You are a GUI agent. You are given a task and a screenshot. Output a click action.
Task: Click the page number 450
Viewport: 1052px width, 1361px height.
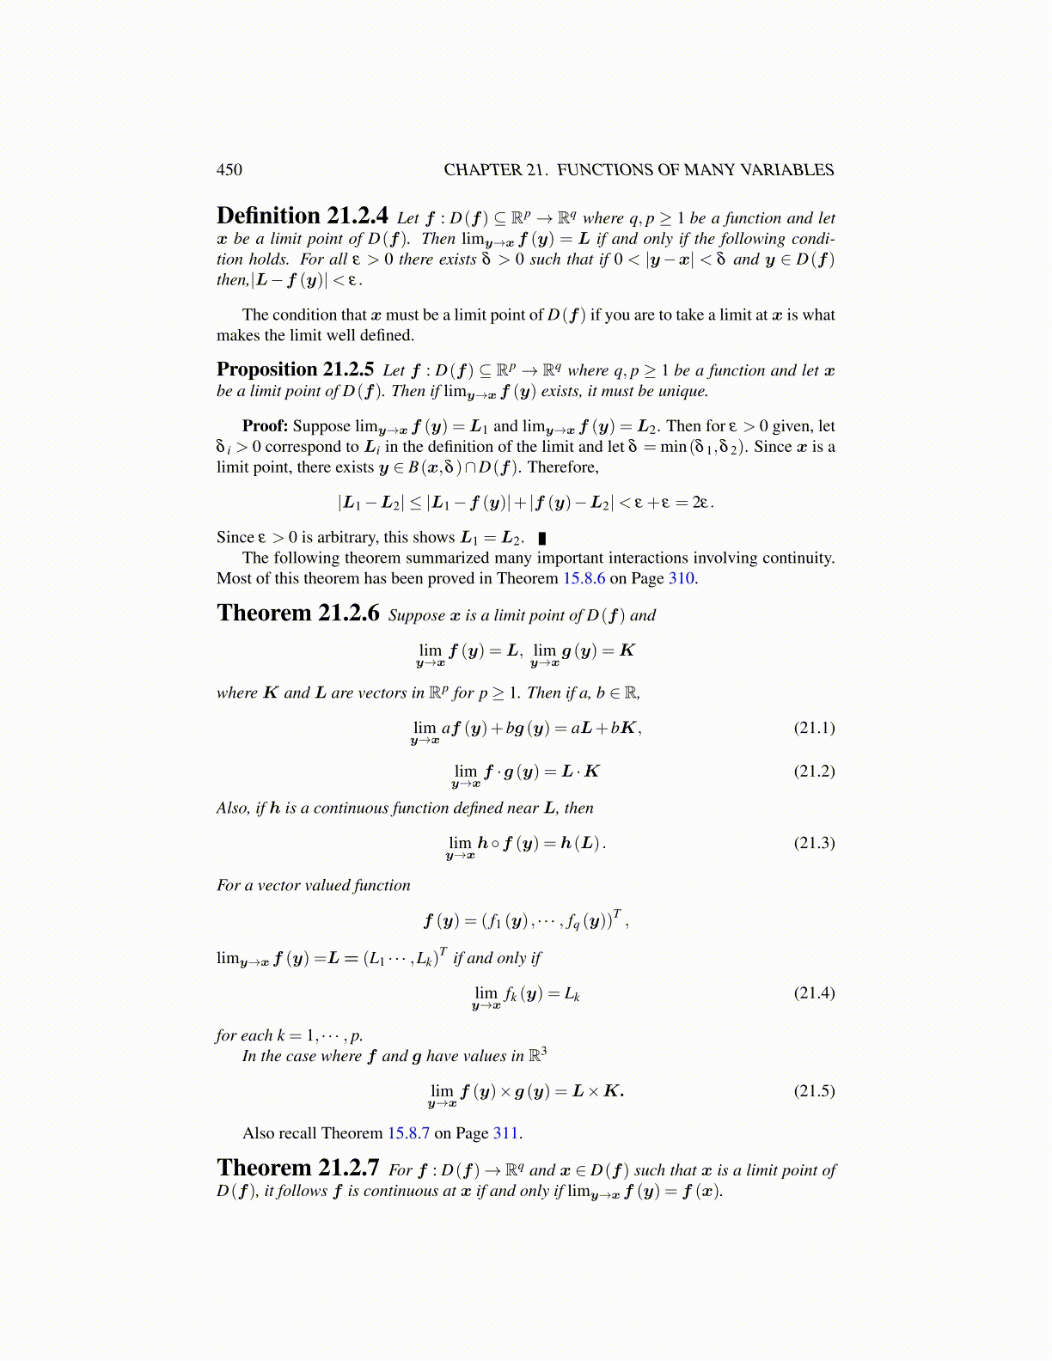229,170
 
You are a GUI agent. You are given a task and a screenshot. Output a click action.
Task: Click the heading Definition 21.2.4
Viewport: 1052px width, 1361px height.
302,216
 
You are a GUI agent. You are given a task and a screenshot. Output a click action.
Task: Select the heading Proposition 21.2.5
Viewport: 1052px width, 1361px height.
295,369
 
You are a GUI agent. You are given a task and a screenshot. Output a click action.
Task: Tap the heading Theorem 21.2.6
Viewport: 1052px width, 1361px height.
297,613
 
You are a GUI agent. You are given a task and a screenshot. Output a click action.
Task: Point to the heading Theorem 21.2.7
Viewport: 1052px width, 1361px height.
297,1168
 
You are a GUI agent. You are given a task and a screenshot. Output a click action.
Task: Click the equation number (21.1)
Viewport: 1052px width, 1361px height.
814,728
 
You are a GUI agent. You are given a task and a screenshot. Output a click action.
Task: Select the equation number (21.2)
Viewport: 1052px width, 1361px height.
814,771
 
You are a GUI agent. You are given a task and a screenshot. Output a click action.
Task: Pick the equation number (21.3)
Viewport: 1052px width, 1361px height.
814,843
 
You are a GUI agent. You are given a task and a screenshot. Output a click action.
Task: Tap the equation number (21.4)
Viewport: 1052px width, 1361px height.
814,993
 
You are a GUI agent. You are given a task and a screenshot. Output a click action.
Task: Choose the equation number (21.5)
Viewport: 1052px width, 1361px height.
814,1091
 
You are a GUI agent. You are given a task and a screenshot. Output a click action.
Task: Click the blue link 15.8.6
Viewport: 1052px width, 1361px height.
584,578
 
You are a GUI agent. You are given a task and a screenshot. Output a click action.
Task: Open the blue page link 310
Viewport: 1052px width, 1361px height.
681,578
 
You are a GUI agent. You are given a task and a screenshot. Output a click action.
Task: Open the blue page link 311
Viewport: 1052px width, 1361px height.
505,1133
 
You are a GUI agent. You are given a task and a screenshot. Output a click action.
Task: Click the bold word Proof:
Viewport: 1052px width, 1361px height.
265,426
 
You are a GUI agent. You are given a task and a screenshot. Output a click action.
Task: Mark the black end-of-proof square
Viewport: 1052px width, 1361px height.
541,539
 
